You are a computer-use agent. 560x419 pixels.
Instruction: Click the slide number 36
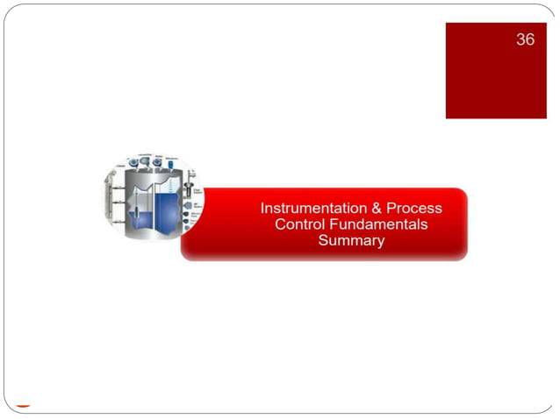click(525, 40)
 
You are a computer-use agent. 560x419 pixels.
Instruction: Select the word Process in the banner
click(413, 209)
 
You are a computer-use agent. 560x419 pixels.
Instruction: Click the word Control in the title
click(299, 224)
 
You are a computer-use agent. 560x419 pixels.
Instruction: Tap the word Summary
click(351, 240)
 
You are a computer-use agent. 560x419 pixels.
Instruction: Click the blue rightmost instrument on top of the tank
click(170, 162)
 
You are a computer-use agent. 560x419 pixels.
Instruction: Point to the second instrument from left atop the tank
click(144, 162)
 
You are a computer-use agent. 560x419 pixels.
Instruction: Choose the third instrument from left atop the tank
click(157, 162)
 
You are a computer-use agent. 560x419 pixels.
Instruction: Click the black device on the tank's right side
click(188, 188)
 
